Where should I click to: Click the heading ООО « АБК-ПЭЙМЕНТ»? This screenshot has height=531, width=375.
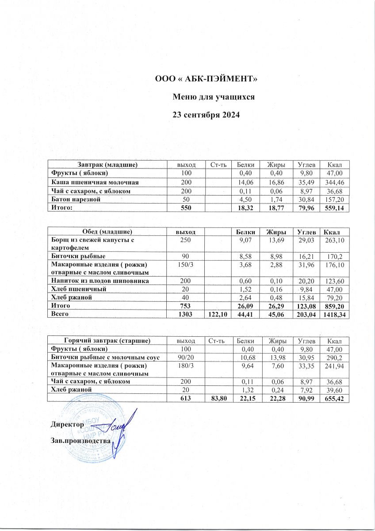pyautogui.click(x=206, y=79)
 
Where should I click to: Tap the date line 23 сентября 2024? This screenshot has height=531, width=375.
pyautogui.click(x=206, y=115)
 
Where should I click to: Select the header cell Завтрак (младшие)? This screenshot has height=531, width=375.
pyautogui.click(x=108, y=165)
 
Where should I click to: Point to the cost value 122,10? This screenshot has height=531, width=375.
pyautogui.click(x=218, y=314)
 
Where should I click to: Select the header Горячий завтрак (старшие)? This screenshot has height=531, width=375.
pyautogui.click(x=108, y=341)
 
